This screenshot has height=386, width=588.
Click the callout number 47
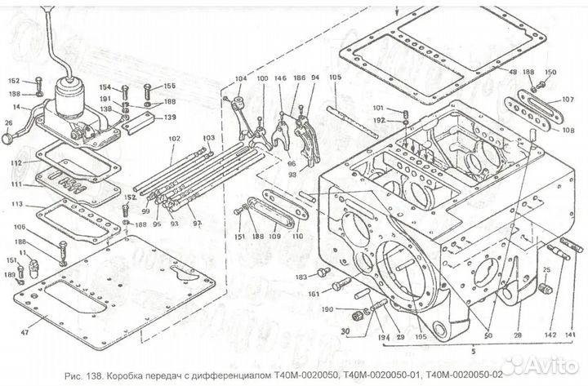[x=24, y=333]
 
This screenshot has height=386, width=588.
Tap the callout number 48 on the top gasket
[x=512, y=73]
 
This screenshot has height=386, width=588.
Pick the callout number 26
[x=9, y=124]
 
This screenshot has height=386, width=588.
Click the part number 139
[x=169, y=118]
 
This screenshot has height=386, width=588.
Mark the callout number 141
[x=571, y=335]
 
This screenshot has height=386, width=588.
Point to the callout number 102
[x=174, y=139]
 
